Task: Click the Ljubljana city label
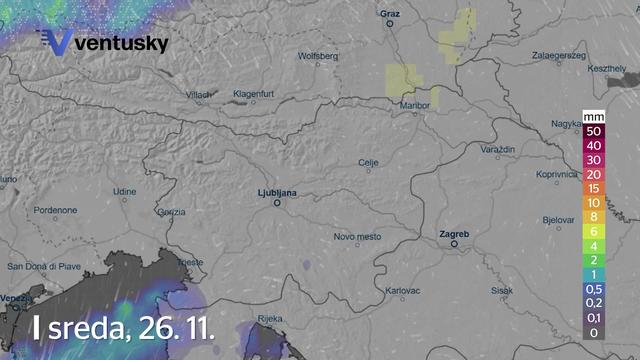coord(278,191)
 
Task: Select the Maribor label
coord(414,105)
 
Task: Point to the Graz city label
coord(389,14)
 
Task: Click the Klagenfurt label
coord(254,94)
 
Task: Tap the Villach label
coord(199,94)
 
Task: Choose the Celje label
coord(369,162)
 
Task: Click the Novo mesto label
coord(358,236)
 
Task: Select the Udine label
coord(124,190)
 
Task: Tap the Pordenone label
coord(55,211)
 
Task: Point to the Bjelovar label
coord(557,218)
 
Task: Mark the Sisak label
coord(502,290)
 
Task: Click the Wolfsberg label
coord(319,56)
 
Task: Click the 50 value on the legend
coord(594,131)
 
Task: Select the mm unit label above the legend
coord(594,117)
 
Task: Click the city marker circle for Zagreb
coord(454,243)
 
